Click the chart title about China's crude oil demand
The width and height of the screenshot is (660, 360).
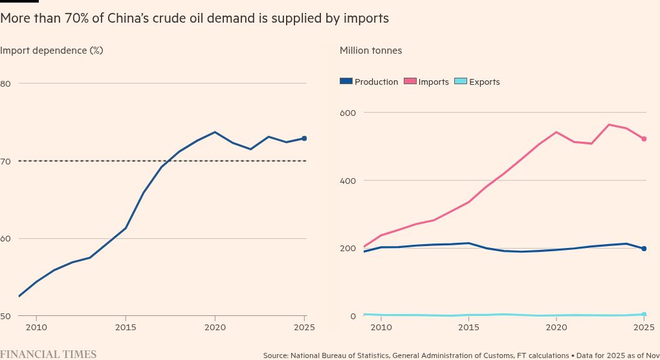click(x=194, y=19)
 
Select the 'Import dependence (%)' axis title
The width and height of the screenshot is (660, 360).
click(x=52, y=51)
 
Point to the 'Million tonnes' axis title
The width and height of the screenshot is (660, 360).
click(x=371, y=51)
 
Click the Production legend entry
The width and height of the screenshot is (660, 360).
click(x=369, y=82)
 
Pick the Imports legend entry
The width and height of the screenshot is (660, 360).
click(x=426, y=82)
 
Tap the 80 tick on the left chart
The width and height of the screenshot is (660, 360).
click(x=6, y=84)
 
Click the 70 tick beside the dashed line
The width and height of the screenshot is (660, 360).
click(x=6, y=161)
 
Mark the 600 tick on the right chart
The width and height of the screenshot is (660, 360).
click(x=348, y=113)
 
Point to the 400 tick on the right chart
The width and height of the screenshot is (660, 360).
click(x=348, y=181)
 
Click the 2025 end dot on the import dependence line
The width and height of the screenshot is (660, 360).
click(x=304, y=139)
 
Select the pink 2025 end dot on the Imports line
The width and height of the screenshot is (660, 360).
click(x=644, y=139)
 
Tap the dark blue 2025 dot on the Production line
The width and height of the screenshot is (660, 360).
click(x=644, y=249)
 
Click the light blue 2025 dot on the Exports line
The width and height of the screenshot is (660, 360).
click(x=644, y=315)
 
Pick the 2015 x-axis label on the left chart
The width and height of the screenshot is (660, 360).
click(x=126, y=328)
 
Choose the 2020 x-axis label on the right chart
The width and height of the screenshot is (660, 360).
click(x=556, y=328)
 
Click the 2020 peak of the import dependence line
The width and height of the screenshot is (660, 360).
click(x=215, y=132)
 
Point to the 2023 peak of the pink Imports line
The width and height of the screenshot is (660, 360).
click(x=609, y=124)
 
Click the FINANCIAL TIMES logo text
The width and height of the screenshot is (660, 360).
click(x=49, y=354)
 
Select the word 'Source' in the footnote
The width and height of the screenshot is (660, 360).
click(x=276, y=355)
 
